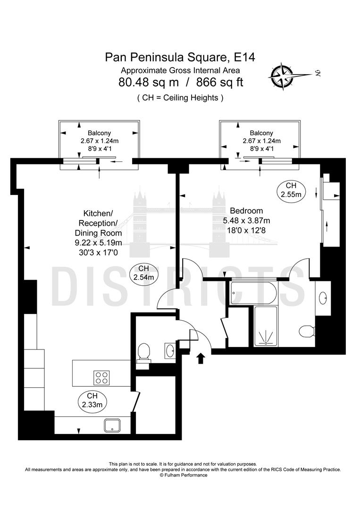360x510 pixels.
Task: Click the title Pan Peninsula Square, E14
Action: tap(180, 58)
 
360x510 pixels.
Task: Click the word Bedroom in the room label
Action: tap(246, 211)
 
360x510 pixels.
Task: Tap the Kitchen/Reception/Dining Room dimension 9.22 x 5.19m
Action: tap(98, 243)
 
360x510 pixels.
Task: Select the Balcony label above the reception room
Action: tap(100, 133)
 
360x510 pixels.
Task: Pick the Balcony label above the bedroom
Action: tap(261, 133)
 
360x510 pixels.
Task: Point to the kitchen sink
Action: tap(113, 425)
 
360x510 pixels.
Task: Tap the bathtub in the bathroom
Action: tap(253, 293)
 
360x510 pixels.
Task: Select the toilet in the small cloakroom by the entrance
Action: tap(143, 351)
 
